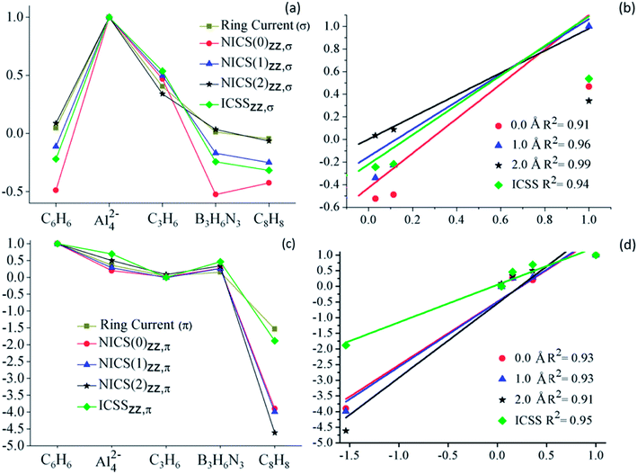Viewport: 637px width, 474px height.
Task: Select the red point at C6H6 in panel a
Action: (56, 190)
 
